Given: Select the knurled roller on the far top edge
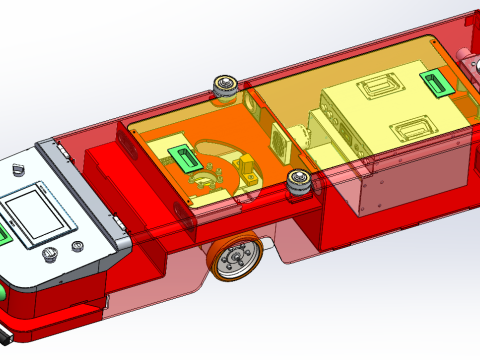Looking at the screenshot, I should point(226,87).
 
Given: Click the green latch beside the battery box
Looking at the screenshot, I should point(440,85).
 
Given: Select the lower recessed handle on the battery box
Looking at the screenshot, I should point(411,129).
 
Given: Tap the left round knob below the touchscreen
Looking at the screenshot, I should point(49,256).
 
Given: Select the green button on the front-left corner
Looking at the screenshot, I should point(3,292).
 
